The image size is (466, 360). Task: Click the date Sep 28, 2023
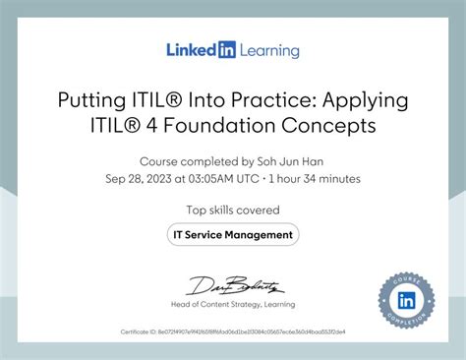tap(140, 179)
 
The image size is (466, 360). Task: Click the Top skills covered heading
tap(233, 210)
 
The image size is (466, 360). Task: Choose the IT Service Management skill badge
tap(233, 235)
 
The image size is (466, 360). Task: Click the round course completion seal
tap(407, 299)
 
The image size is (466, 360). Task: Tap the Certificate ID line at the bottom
tap(233, 333)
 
